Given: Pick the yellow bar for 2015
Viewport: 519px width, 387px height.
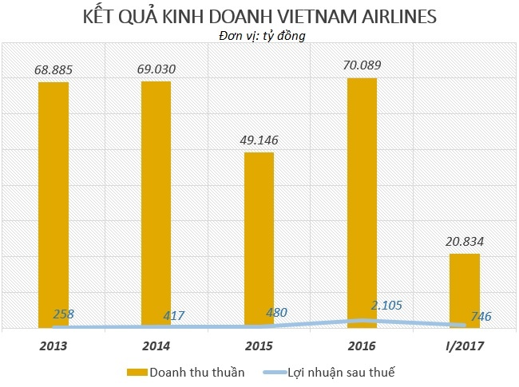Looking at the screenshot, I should pyautogui.click(x=259, y=239).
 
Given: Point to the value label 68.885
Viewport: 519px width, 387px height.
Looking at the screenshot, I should pyautogui.click(x=53, y=70).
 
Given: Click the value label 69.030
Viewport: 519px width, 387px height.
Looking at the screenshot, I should pyautogui.click(x=156, y=69).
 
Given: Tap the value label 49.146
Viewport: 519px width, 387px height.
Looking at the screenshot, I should pyautogui.click(x=259, y=140).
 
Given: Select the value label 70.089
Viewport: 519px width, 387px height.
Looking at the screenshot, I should pyautogui.click(x=362, y=66).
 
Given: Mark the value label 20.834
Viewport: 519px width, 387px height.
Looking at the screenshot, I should pyautogui.click(x=465, y=242).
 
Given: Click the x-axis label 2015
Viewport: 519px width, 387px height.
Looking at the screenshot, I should pyautogui.click(x=259, y=347).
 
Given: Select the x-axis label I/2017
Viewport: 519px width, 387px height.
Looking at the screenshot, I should pyautogui.click(x=465, y=347).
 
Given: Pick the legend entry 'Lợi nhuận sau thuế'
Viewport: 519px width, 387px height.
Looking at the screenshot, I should pyautogui.click(x=344, y=371).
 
